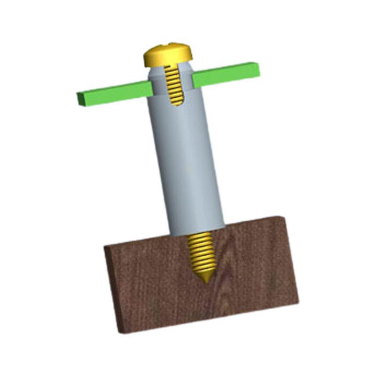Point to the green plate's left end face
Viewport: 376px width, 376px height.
(79, 99)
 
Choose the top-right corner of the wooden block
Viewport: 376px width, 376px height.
(281, 217)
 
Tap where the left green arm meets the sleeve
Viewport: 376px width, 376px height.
(151, 87)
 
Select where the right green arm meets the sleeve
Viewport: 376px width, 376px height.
(194, 80)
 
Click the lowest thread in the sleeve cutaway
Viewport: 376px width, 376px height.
(176, 102)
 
